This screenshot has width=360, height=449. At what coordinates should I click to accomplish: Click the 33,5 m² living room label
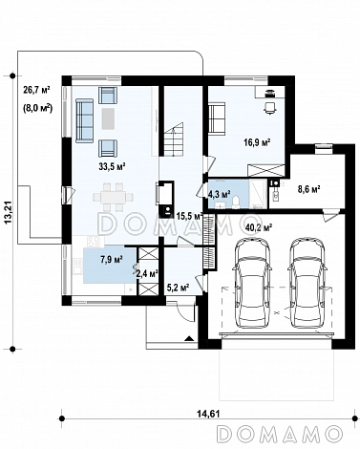111,166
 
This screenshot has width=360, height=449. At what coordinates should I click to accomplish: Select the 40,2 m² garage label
259,227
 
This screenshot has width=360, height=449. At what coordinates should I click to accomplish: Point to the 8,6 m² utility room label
308,189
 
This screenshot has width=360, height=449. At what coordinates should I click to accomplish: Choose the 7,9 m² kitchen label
112,260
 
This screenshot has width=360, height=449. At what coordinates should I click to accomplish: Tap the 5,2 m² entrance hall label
179,288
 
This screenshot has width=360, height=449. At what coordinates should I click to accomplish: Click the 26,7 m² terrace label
36,90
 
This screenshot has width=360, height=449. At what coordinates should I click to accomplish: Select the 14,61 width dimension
208,414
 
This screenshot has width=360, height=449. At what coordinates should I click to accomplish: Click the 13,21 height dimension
9,212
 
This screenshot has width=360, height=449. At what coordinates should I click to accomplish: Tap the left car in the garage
252,283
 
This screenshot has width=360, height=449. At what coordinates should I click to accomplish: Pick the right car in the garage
307,283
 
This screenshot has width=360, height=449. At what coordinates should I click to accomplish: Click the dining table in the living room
113,197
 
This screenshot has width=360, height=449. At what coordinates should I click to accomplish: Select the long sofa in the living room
84,119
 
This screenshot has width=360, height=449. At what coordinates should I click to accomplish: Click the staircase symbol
174,139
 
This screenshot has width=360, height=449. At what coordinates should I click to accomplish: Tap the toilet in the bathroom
237,203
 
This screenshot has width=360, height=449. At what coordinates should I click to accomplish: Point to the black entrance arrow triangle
189,338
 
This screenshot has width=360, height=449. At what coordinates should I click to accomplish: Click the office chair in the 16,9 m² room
270,107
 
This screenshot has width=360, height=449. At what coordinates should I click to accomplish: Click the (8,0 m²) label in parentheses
37,108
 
